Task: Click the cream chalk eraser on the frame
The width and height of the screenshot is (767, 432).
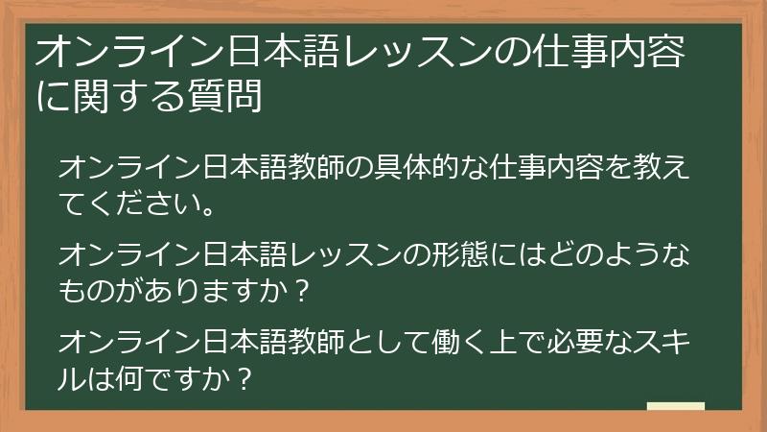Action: coord(675,408)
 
